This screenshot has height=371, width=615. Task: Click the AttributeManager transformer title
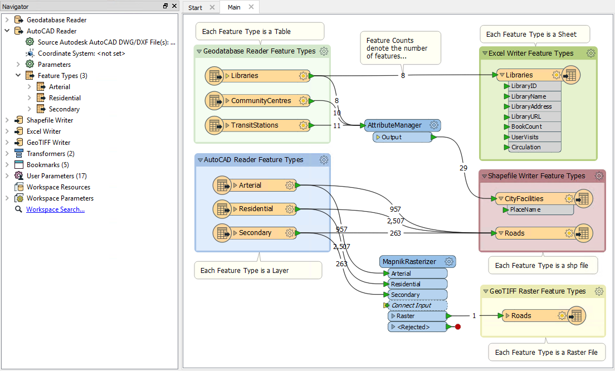tap(394, 125)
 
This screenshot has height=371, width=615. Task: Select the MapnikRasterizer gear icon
tap(449, 262)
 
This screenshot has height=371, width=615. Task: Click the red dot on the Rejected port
tap(458, 326)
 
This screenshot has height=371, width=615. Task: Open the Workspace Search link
tap(55, 209)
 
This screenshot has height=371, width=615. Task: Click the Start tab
tap(195, 7)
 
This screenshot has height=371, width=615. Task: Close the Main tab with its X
tap(251, 7)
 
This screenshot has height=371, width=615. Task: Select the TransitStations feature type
tap(255, 125)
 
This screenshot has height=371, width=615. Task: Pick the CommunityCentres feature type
tap(261, 101)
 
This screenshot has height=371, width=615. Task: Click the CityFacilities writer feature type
tap(524, 198)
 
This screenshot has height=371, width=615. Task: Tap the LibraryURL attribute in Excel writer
tap(526, 116)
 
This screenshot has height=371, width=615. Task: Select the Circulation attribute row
tap(526, 147)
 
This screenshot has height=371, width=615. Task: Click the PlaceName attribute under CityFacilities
tap(525, 209)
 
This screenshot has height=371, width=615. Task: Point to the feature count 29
tap(463, 168)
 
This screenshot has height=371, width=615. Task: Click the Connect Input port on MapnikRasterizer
tap(412, 305)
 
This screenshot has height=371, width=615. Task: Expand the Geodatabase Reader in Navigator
tap(7, 19)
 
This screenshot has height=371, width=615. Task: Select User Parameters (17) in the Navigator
tap(56, 175)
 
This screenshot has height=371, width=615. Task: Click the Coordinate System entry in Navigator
tap(81, 53)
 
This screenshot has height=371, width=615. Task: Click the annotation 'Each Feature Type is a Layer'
tap(245, 270)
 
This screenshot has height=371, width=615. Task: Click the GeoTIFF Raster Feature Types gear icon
tap(598, 291)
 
